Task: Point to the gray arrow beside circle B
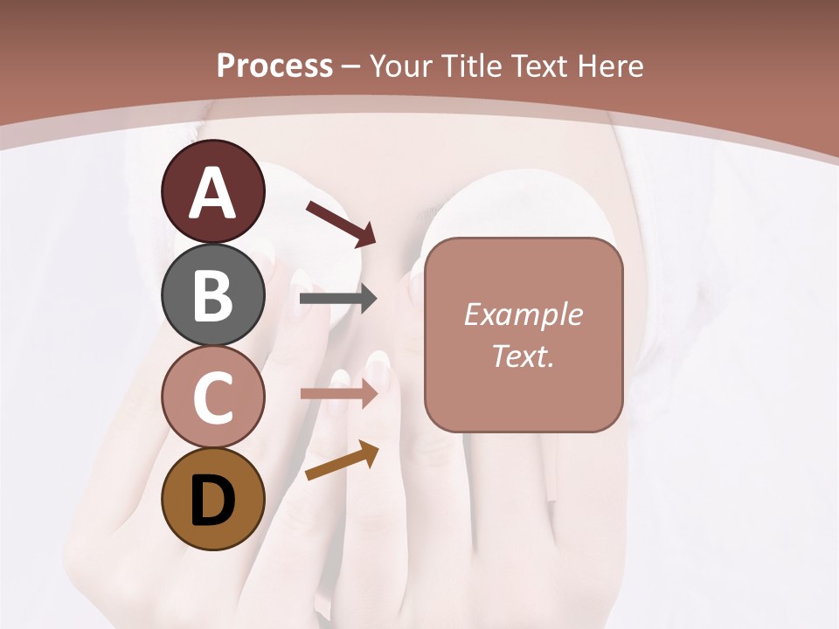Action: (x=338, y=300)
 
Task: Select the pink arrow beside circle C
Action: (x=338, y=394)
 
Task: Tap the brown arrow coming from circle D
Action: (x=342, y=460)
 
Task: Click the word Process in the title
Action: (x=274, y=66)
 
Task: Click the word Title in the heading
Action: (x=472, y=66)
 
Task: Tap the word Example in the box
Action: (x=523, y=314)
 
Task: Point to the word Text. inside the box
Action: (x=523, y=356)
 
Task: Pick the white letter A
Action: (x=212, y=194)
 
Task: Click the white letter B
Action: (x=212, y=295)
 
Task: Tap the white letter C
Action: (x=212, y=397)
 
